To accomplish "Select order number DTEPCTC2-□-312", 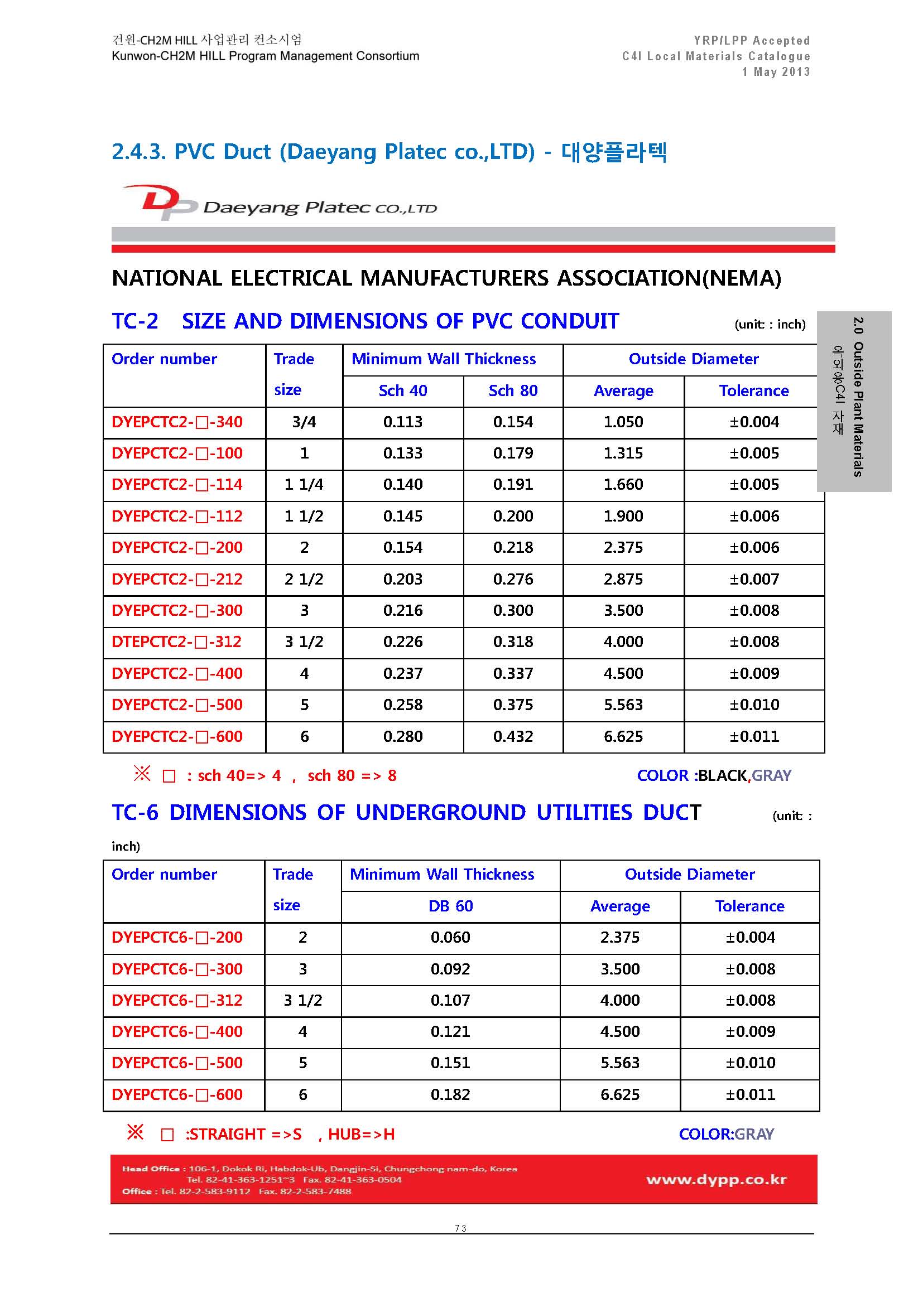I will (x=177, y=642).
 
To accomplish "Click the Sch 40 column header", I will (x=402, y=391).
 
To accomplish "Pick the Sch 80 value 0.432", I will (x=513, y=737).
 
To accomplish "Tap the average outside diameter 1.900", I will (x=623, y=517).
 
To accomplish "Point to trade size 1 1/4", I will (x=304, y=485).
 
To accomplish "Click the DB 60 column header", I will (x=450, y=906).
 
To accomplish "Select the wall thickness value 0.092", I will (x=450, y=969).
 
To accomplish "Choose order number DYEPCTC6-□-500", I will (x=177, y=1063).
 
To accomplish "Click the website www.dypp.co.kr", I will (x=716, y=1180).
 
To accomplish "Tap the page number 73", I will (x=461, y=1228).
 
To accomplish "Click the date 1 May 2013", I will (x=776, y=71).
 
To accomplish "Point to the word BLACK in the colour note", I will (x=722, y=776).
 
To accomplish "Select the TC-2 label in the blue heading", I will (x=134, y=321).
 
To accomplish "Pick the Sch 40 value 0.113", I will (x=402, y=422).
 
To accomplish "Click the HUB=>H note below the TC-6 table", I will (x=361, y=1135).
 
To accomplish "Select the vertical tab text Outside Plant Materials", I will (x=858, y=409).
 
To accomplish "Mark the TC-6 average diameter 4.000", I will (x=619, y=1000).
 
